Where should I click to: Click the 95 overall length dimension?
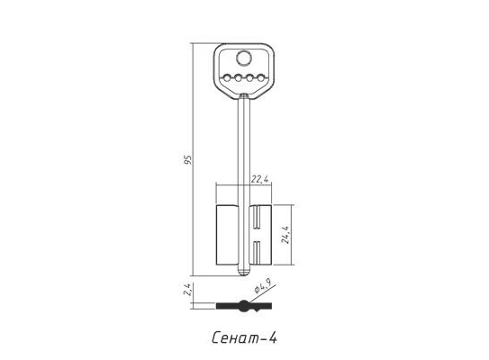pyautogui.click(x=188, y=159)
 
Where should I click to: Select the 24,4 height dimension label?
pyautogui.click(x=285, y=234)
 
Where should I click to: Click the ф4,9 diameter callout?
pyautogui.click(x=262, y=286)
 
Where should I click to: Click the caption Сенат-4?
pyautogui.click(x=244, y=337)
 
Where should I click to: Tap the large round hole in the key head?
pyautogui.click(x=244, y=58)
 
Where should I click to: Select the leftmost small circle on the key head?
pyautogui.click(x=227, y=78)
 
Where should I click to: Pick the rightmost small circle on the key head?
pyautogui.click(x=261, y=78)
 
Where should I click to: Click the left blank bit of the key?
pyautogui.click(x=227, y=235)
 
